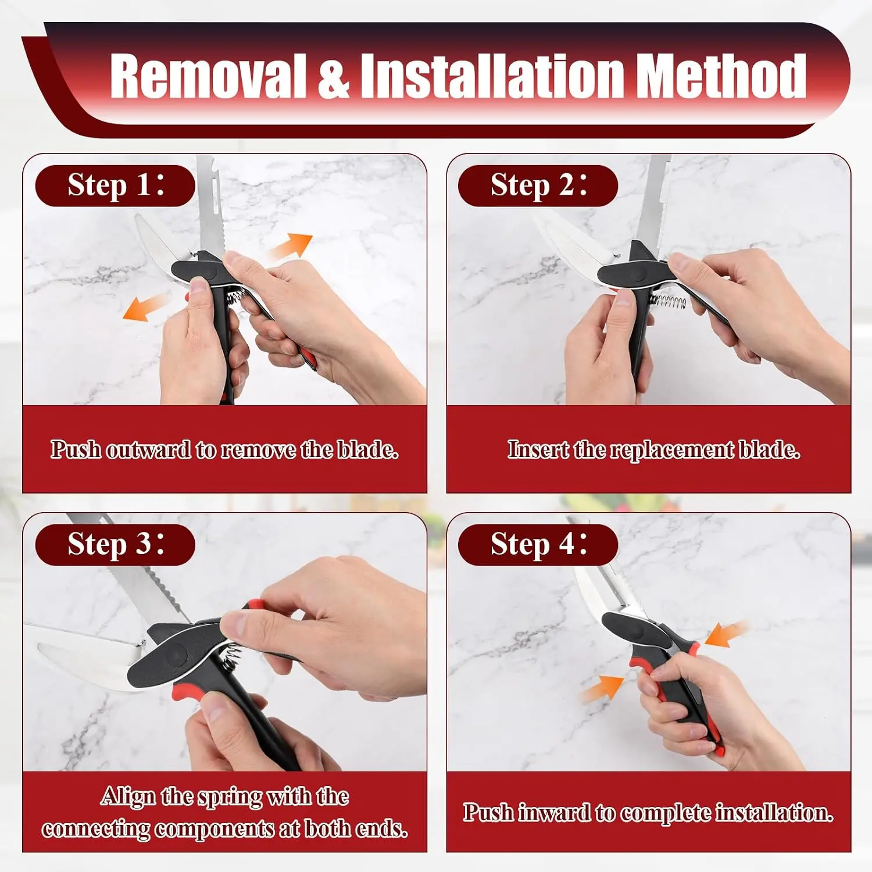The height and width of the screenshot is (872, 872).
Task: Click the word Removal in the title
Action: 208,76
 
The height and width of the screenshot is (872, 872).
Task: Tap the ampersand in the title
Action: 334,76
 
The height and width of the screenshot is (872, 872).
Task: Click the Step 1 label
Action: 115,185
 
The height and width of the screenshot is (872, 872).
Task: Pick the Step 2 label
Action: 538,185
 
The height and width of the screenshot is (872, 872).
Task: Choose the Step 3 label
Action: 115,545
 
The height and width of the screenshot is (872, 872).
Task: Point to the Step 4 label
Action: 538,545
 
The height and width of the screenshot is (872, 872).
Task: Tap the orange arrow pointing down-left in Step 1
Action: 146,306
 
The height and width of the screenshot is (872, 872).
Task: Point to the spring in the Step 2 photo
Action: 667,301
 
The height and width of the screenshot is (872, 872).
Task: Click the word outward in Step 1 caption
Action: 148,450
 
